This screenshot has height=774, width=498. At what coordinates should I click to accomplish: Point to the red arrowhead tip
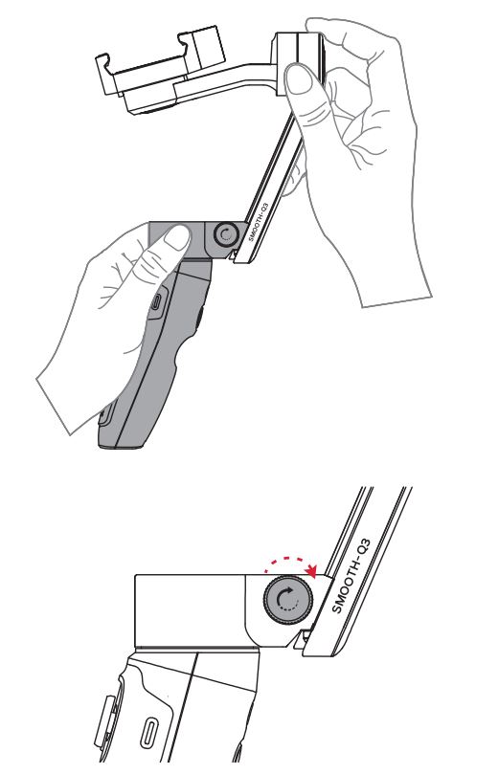[x=314, y=572]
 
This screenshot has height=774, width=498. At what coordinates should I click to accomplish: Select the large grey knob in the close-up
[x=284, y=601]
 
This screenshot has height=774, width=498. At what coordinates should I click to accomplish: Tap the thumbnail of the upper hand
[x=303, y=93]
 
